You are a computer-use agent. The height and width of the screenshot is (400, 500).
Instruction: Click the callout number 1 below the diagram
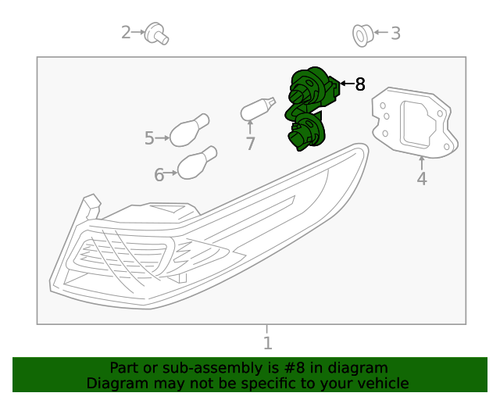(267, 343)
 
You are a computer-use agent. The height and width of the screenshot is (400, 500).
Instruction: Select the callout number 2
(127, 33)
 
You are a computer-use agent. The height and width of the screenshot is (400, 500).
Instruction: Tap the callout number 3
(395, 34)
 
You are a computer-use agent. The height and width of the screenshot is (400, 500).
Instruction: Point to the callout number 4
(422, 179)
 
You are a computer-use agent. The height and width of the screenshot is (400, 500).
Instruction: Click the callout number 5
(150, 138)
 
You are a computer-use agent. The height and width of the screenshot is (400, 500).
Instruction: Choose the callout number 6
(159, 175)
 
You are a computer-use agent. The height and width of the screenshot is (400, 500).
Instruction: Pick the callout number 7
(250, 144)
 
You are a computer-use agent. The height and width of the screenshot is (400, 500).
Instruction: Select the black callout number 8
(360, 84)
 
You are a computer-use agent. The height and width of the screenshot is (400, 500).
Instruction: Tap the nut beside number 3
(362, 34)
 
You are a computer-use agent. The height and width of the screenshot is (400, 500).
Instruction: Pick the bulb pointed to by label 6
(197, 162)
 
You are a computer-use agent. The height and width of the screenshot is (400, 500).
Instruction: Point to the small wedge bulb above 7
(258, 108)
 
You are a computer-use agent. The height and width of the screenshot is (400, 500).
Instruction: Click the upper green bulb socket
(311, 88)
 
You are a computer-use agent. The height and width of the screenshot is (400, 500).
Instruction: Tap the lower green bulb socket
(307, 130)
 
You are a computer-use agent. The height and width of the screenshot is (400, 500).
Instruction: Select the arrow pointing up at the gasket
(422, 162)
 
